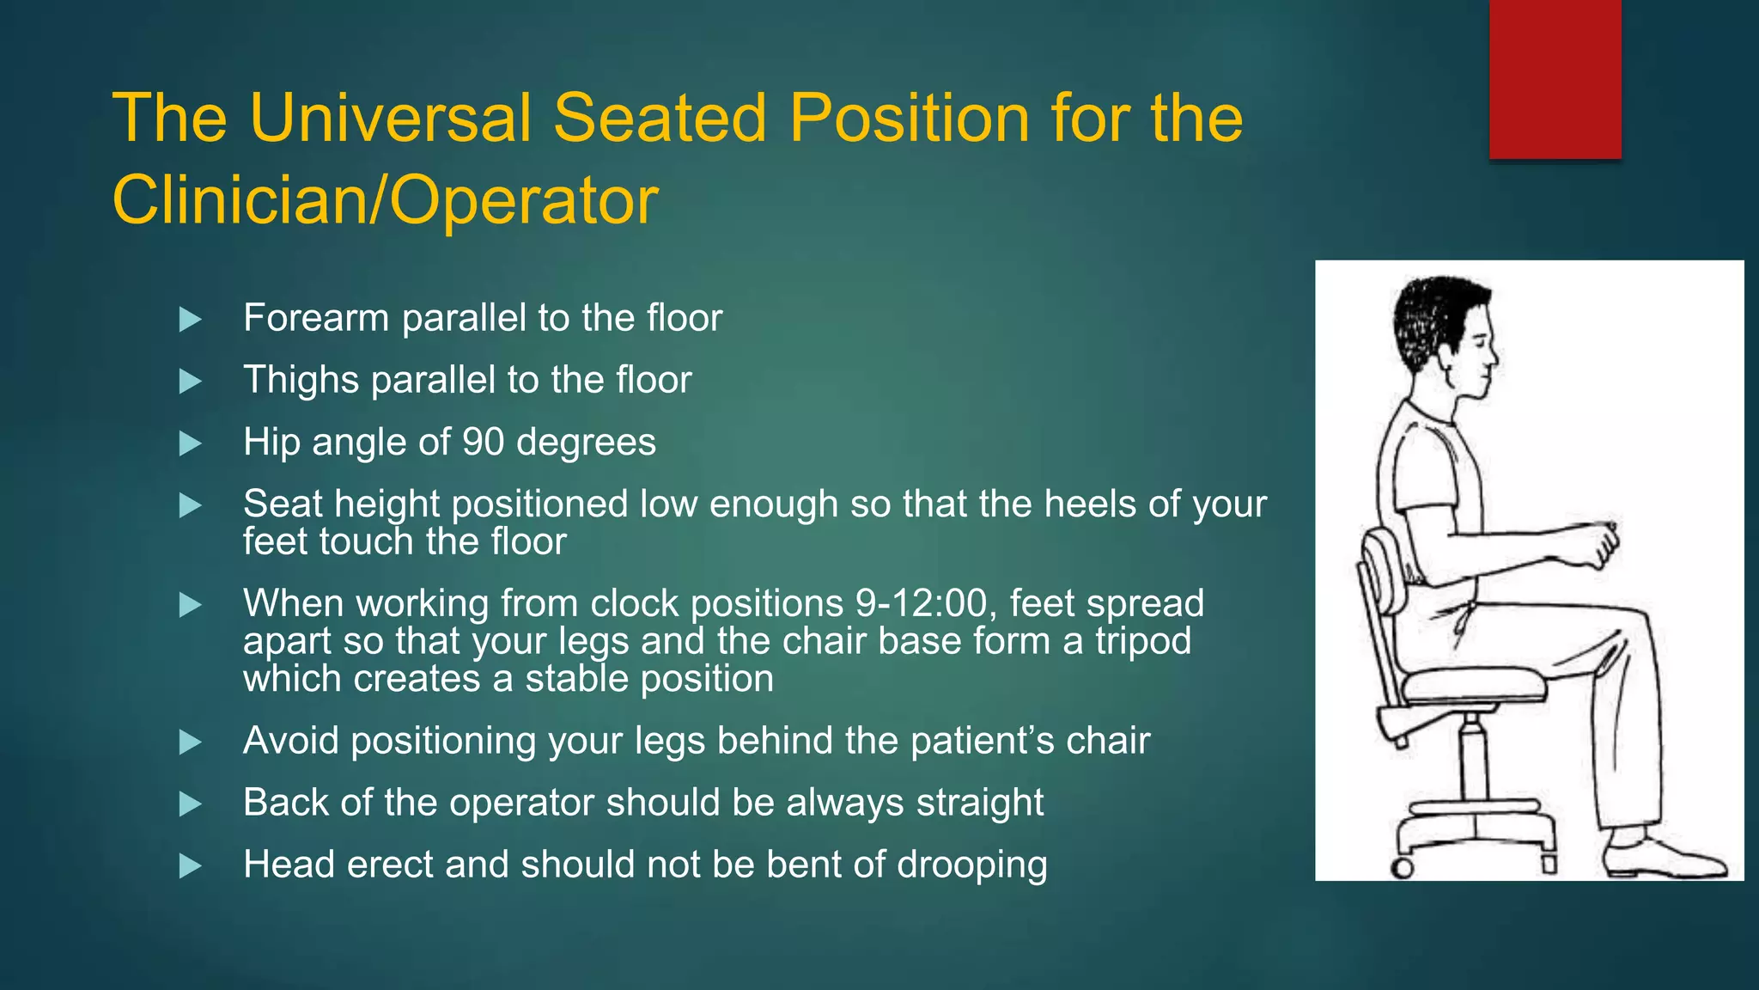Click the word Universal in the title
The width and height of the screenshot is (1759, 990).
(391, 118)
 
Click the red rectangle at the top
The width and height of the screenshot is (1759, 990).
(1555, 79)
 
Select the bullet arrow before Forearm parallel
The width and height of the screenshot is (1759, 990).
(190, 320)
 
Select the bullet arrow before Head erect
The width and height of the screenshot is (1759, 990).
(190, 866)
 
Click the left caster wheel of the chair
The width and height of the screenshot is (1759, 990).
(1402, 867)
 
